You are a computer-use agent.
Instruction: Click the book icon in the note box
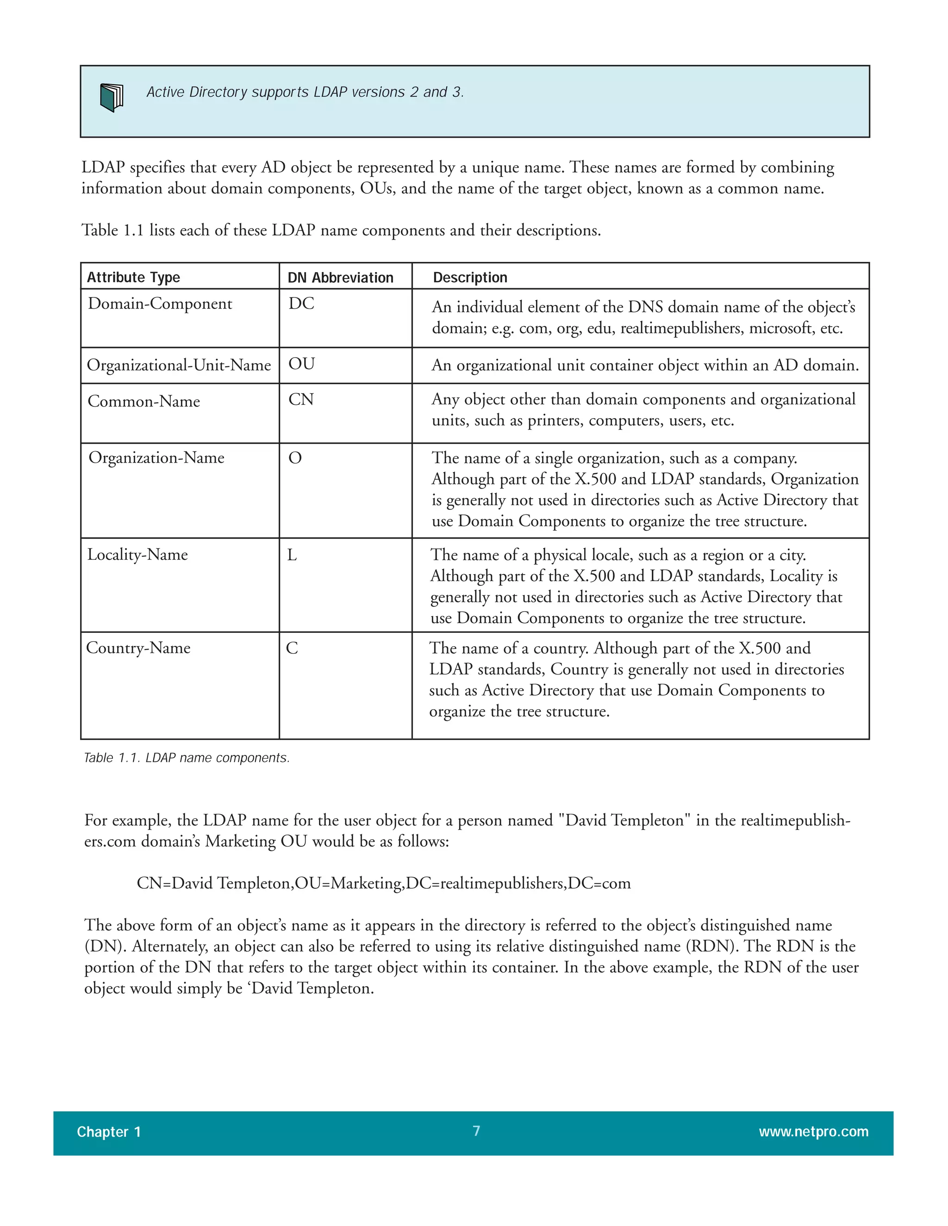tap(111, 97)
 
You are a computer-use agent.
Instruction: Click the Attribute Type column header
tap(133, 277)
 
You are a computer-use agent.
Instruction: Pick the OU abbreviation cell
tap(302, 364)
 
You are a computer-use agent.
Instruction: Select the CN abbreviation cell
tap(301, 400)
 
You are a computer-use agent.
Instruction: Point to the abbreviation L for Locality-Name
tap(292, 555)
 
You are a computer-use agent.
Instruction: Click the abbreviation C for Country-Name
tap(292, 648)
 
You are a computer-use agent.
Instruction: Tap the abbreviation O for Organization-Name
tap(295, 458)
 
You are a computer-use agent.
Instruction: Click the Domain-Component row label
tap(160, 303)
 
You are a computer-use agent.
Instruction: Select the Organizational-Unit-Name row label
tap(179, 365)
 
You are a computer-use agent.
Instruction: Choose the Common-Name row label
tap(144, 402)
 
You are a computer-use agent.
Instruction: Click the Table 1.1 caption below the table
tap(187, 758)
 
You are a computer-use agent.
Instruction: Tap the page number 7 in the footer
tap(476, 1131)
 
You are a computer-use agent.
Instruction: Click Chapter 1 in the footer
tap(108, 1132)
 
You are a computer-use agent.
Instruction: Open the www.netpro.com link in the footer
tap(813, 1132)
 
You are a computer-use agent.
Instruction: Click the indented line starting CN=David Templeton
tap(384, 883)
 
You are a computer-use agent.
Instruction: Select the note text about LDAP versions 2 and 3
tap(305, 92)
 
